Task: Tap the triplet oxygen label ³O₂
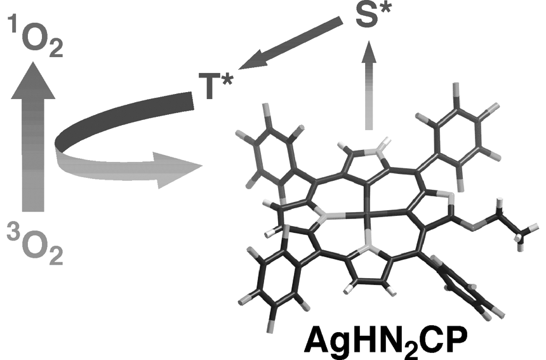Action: (35, 245)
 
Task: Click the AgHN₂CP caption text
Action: (385, 342)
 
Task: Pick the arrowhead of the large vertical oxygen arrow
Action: (34, 80)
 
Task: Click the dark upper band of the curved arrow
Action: (122, 117)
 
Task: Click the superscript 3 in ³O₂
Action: (14, 234)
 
